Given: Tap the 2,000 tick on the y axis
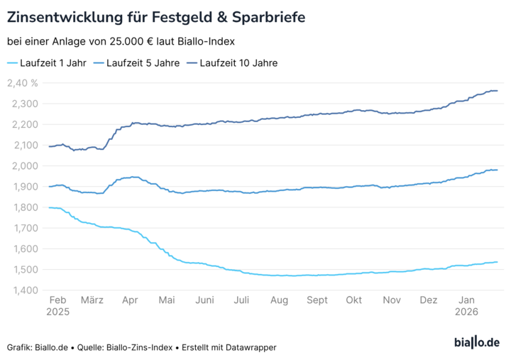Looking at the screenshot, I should [x=24, y=166].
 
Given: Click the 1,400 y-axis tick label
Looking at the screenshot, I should [x=24, y=290].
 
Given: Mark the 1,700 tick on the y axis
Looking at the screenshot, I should [x=24, y=228].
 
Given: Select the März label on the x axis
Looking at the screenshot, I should [x=92, y=301].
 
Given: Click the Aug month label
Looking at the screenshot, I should [x=280, y=301].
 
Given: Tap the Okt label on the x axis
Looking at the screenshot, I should [x=353, y=301].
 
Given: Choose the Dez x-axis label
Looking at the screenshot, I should [x=428, y=301].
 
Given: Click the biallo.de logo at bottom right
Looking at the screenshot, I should [x=476, y=343].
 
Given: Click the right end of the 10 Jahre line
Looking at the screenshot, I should [x=497, y=91].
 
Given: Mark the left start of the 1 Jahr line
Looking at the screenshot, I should [x=49, y=207].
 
